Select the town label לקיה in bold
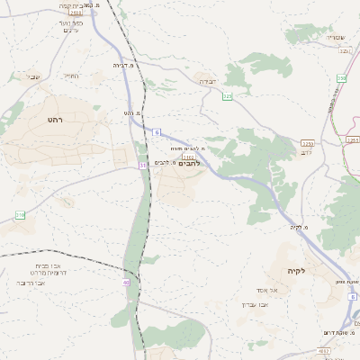click(298, 271)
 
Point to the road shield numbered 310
click(20, 214)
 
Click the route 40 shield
click(126, 283)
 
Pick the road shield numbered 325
click(228, 95)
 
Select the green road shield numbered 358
click(341, 79)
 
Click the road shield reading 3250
click(308, 143)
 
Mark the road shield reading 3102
click(188, 157)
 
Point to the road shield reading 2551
click(352, 140)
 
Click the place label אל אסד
click(280, 290)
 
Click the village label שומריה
click(336, 37)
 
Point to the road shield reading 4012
click(324, 349)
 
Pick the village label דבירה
click(208, 81)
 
